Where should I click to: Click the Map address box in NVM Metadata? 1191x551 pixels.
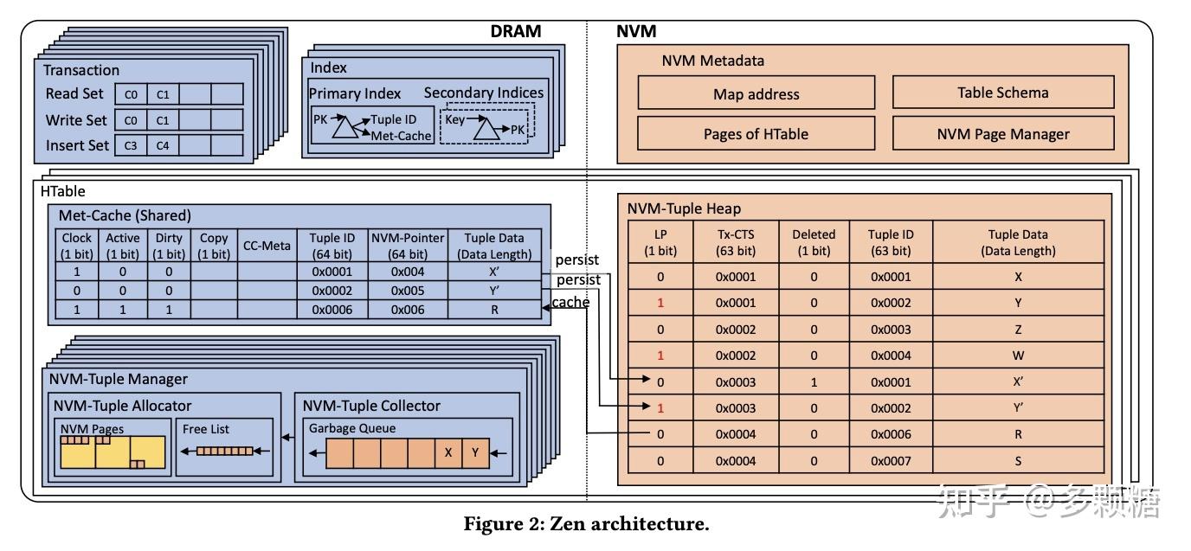(756, 93)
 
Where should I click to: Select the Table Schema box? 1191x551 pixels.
(1002, 93)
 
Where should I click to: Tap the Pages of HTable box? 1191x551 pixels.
(756, 133)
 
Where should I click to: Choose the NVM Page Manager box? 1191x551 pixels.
(1002, 133)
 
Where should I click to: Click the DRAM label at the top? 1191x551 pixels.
(515, 31)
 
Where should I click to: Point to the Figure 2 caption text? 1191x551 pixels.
(586, 523)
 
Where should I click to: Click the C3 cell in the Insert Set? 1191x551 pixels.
(131, 145)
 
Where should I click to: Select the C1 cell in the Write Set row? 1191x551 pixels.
(163, 119)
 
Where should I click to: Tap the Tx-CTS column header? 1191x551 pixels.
(736, 242)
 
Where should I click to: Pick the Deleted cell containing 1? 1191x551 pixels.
(814, 381)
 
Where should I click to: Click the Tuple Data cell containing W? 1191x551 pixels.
(1018, 356)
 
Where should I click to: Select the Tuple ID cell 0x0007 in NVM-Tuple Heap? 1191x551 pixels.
(891, 460)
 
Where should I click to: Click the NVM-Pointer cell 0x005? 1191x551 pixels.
(407, 291)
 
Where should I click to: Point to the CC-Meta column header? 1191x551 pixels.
(267, 246)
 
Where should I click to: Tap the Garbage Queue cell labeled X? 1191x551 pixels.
(447, 452)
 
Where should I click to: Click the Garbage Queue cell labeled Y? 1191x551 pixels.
(474, 452)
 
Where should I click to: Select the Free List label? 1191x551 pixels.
(206, 428)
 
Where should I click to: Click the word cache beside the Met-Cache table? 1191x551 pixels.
(570, 302)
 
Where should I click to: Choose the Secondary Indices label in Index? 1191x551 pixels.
(484, 93)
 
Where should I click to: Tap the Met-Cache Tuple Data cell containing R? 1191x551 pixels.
(494, 309)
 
